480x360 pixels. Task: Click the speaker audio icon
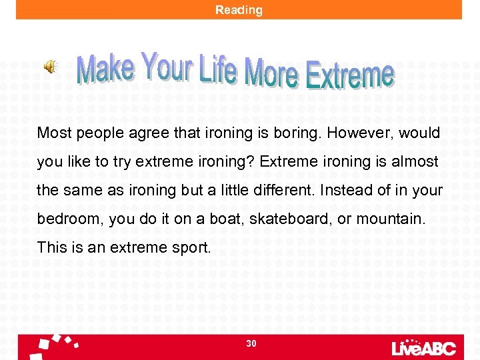coord(51,66)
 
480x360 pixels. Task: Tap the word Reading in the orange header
coord(239,10)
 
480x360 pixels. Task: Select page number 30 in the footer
coord(251,343)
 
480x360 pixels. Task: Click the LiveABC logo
coord(423,347)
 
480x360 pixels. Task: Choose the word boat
coord(223,219)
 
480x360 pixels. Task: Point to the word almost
coord(416,161)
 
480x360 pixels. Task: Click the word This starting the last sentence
coord(51,247)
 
